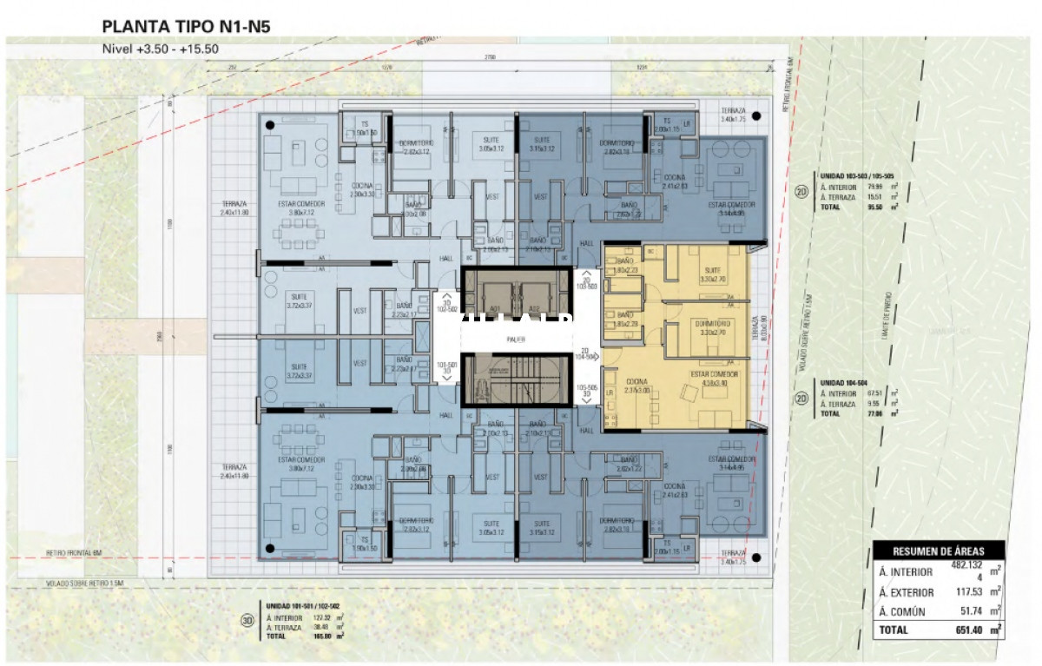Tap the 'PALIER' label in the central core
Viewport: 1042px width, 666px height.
tap(518, 340)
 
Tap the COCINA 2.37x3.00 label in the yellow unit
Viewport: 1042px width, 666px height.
tap(637, 386)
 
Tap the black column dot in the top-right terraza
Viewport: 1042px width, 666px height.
tap(757, 115)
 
